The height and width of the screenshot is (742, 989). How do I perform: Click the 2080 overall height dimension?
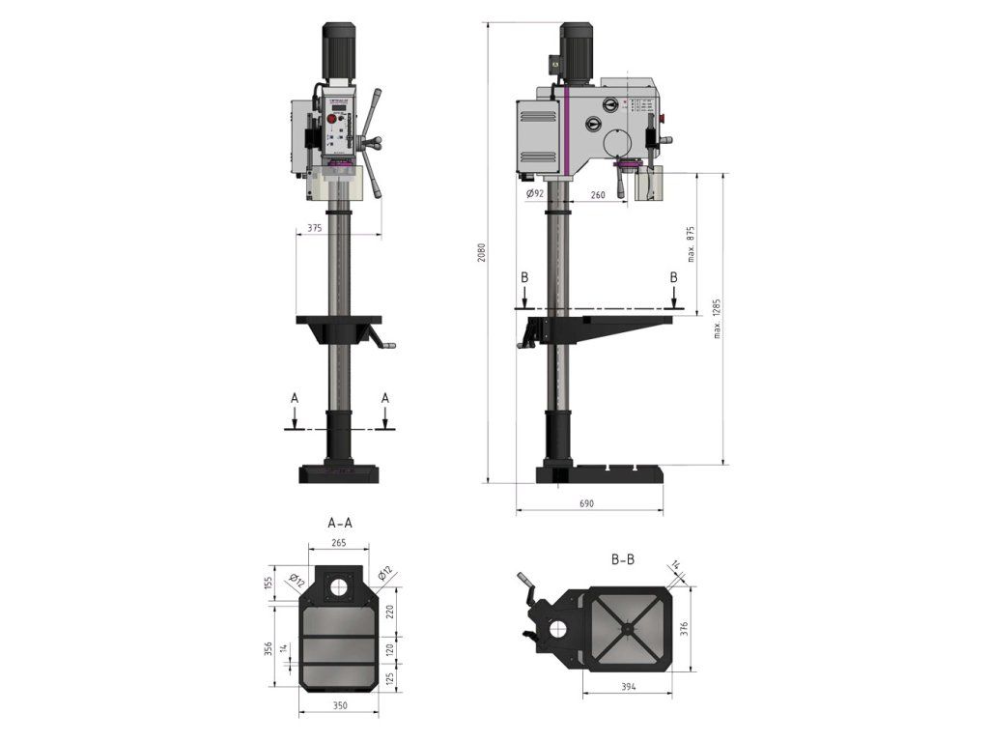tap(482, 253)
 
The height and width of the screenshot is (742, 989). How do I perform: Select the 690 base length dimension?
tap(586, 503)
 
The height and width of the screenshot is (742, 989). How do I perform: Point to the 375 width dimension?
tap(314, 229)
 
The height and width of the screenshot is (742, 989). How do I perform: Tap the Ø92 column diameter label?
tap(536, 194)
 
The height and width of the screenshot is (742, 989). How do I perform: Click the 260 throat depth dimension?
tap(597, 194)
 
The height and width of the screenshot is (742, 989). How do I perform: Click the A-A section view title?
tap(340, 523)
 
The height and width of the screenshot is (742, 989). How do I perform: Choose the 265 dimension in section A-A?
tap(338, 543)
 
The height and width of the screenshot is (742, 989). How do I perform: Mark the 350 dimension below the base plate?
tap(338, 706)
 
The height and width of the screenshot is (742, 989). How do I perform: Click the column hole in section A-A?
tap(338, 586)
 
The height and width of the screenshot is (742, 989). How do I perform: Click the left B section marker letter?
tap(524, 277)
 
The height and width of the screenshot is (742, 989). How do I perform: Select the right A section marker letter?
tap(384, 397)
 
